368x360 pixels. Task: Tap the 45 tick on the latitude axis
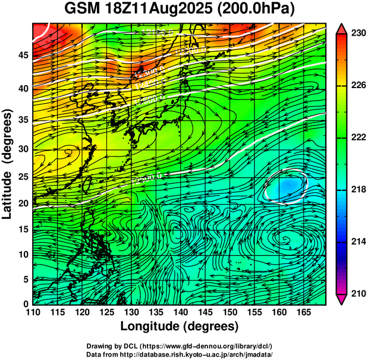coord(22,55)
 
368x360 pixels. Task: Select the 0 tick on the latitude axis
coord(25,303)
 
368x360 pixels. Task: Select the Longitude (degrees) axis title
coord(179,326)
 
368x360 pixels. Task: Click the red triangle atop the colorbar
coord(341,29)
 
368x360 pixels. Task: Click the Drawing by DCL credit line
coord(179,346)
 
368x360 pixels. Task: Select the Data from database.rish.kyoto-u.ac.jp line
coord(179,354)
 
